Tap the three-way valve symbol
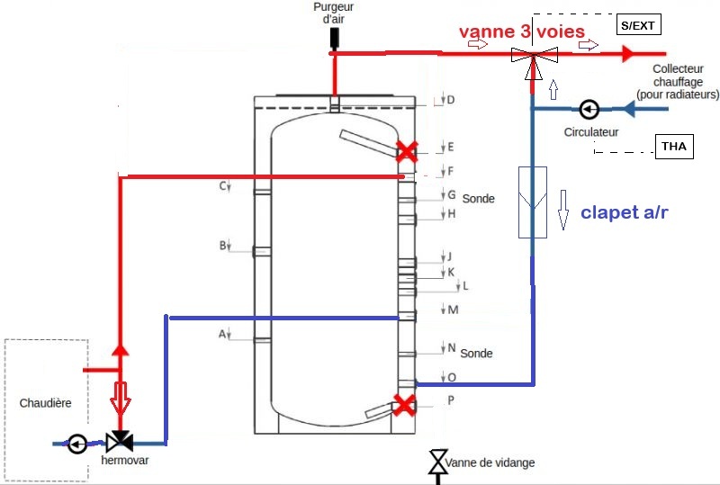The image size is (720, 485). (x=534, y=55)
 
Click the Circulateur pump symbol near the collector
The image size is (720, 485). (x=589, y=110)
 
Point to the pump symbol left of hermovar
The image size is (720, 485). (x=77, y=444)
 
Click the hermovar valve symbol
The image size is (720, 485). (x=119, y=443)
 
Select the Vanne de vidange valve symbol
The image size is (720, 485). (x=437, y=462)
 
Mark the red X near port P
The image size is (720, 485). (x=405, y=405)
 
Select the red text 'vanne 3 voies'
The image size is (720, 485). (x=522, y=31)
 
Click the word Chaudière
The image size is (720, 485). (x=45, y=403)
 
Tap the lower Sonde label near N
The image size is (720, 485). (x=477, y=354)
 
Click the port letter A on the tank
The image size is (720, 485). (x=221, y=334)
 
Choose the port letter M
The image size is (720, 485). (x=454, y=310)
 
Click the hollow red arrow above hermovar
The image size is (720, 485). (x=119, y=396)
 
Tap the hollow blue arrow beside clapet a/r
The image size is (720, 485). (x=564, y=208)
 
